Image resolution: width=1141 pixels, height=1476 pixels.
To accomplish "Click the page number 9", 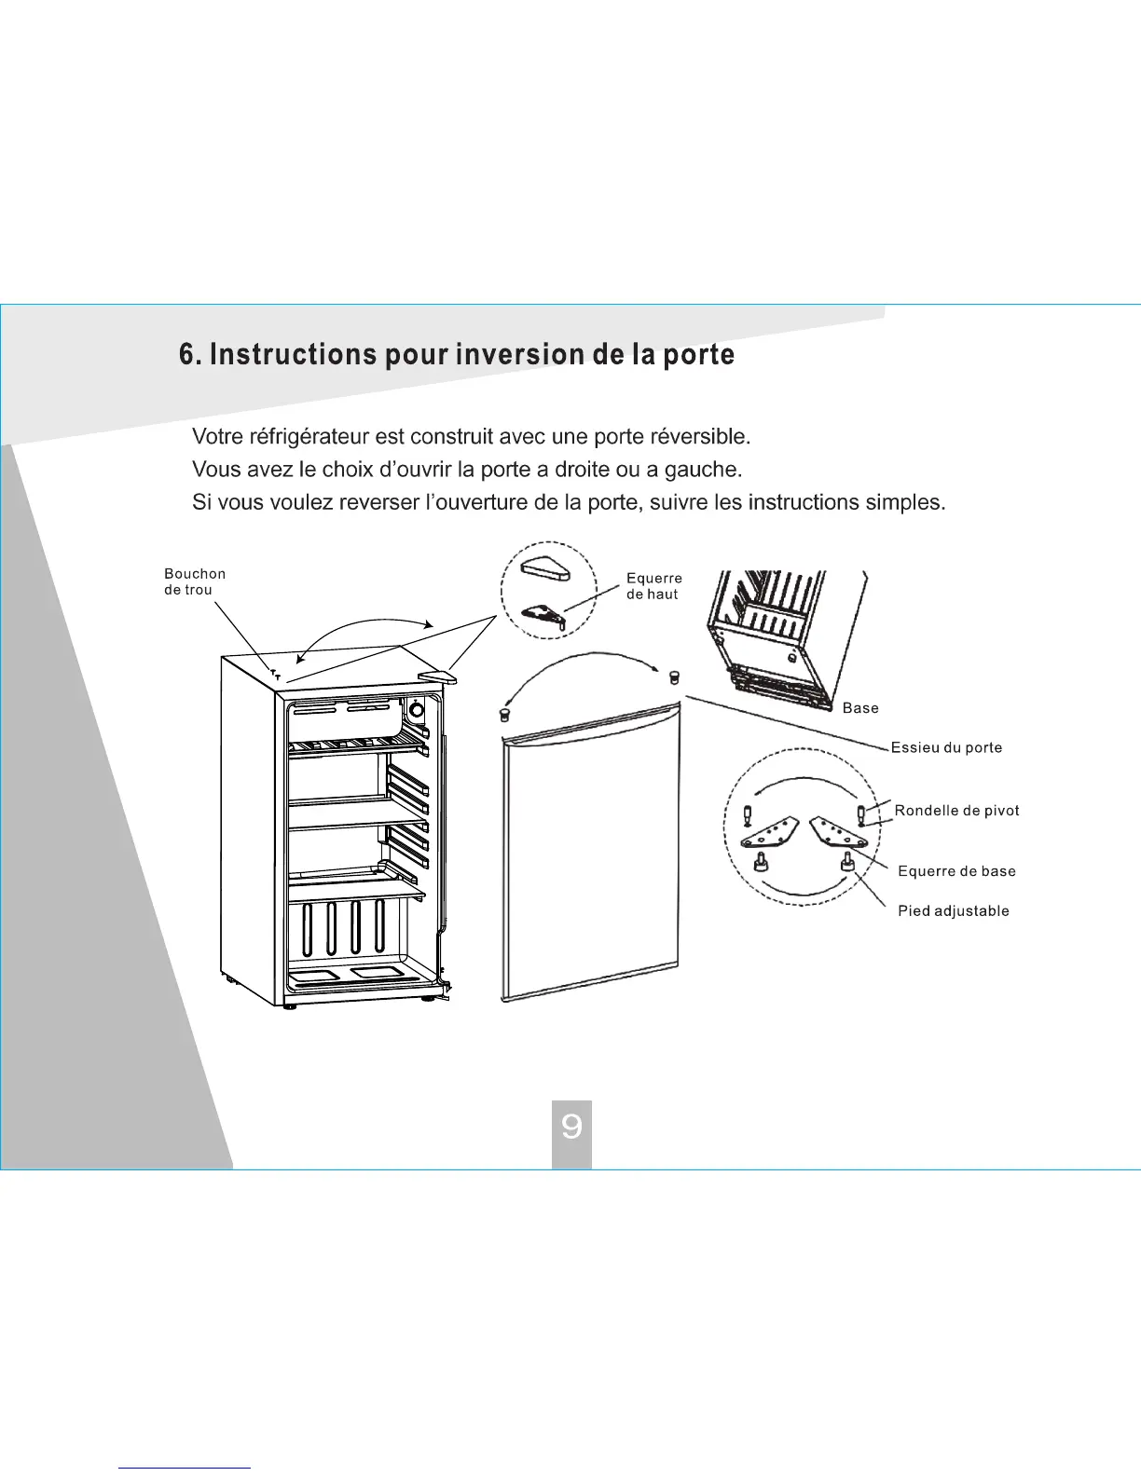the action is point(571,1127).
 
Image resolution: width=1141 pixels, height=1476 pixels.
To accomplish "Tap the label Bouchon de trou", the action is point(195,581).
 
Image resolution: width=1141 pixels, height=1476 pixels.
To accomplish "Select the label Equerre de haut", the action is point(653,586).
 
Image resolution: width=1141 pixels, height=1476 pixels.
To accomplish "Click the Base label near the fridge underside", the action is point(859,708).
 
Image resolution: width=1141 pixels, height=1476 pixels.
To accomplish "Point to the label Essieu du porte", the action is point(946,747).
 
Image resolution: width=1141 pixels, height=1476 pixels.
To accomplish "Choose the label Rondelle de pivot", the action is point(956,811).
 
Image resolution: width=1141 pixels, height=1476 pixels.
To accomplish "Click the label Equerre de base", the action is point(956,871).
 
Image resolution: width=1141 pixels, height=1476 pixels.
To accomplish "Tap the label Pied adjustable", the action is point(953,911).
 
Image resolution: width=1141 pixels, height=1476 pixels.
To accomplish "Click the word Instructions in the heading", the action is point(293,355).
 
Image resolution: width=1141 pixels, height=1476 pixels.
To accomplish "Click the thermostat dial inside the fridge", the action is point(416,711).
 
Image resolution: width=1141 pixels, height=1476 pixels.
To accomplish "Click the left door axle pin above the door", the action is point(505,714).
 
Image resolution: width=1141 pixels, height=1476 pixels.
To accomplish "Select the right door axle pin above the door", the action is point(674,676).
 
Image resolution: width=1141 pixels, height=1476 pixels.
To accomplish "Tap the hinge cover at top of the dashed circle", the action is point(544,568).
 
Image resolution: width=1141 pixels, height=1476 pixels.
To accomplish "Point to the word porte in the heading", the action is point(698,355).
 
